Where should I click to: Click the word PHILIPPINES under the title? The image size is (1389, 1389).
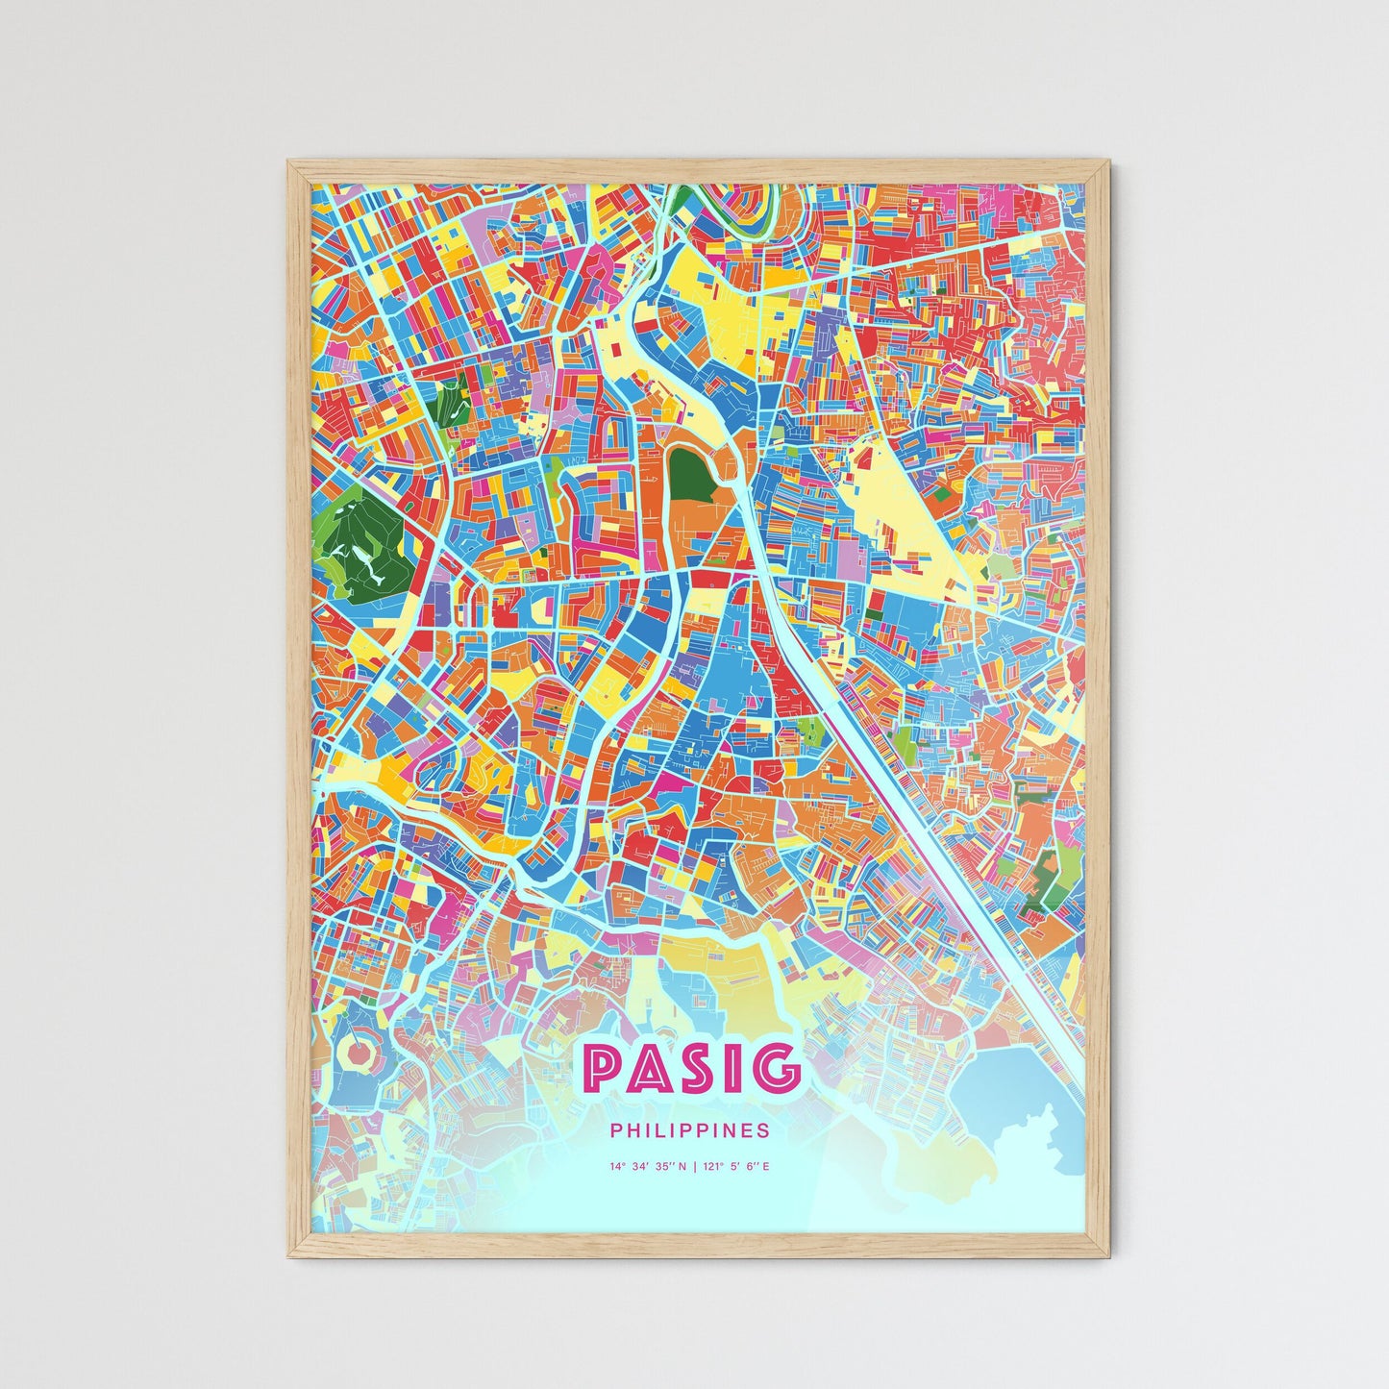690,1131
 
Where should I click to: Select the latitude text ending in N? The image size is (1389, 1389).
648,1167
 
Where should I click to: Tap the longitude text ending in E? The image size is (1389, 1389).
736,1167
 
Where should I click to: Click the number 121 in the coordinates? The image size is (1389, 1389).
712,1167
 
